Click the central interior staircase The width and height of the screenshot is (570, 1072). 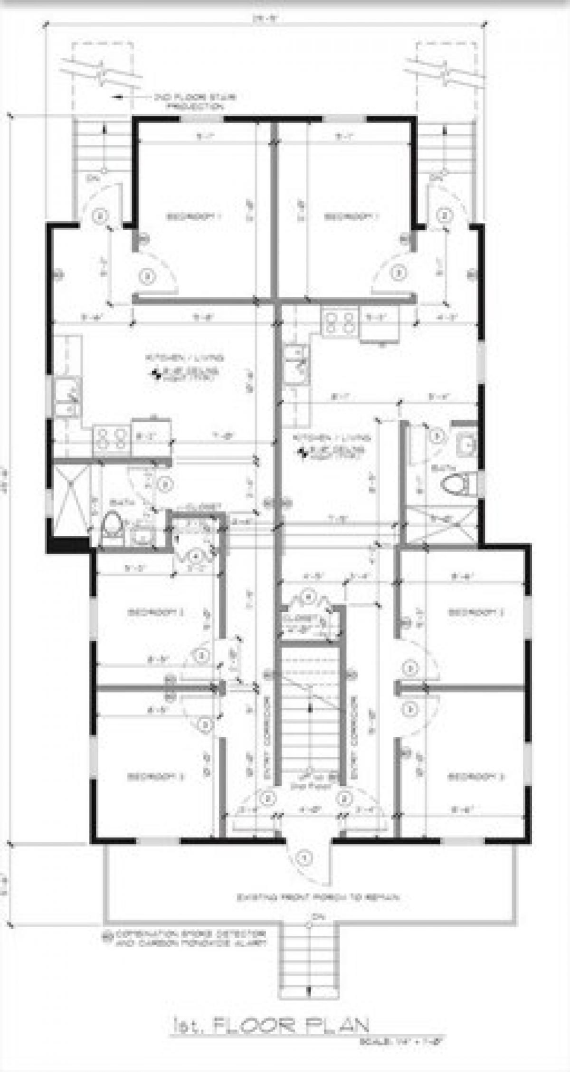(x=309, y=712)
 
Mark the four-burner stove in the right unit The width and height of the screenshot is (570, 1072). (x=339, y=322)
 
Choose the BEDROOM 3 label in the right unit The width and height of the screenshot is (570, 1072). (x=475, y=777)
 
